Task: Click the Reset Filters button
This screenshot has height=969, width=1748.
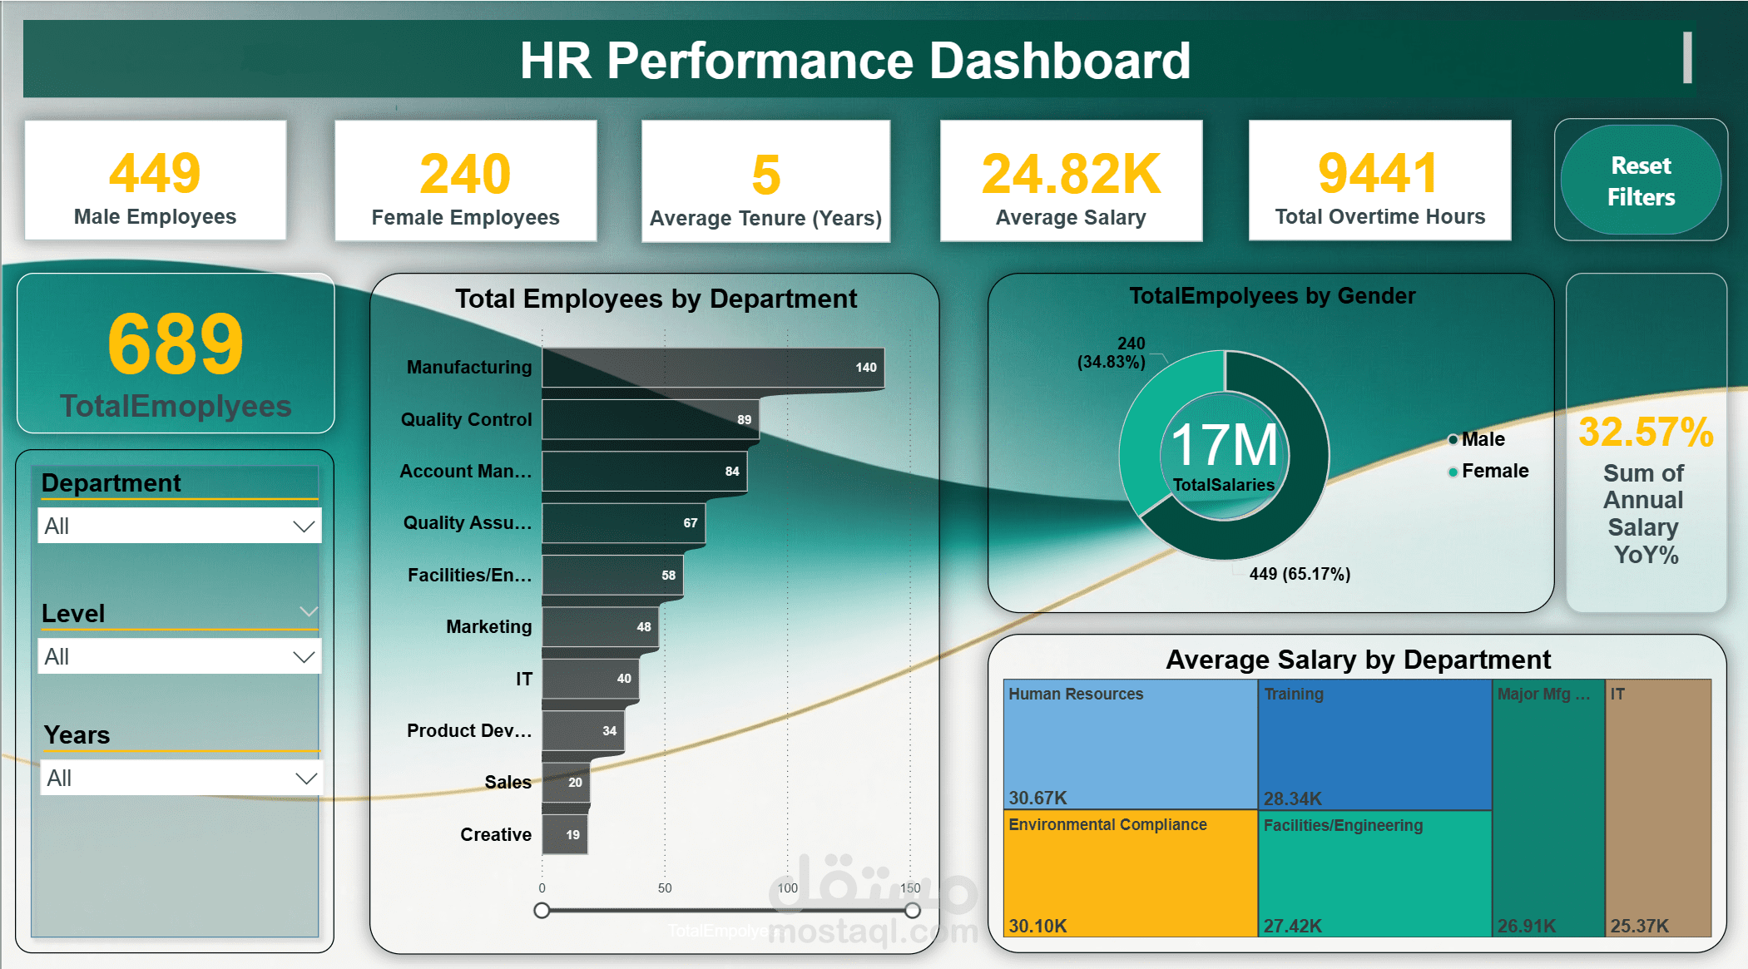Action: tap(1640, 180)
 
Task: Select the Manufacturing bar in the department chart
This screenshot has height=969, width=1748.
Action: tap(711, 368)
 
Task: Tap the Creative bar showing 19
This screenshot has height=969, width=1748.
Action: tap(565, 834)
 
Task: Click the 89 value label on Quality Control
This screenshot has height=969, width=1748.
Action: tap(744, 420)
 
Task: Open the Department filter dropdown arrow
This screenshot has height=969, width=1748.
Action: tap(304, 527)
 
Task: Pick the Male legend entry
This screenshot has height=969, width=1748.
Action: tap(1483, 439)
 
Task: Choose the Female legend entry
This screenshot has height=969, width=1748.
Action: tap(1494, 471)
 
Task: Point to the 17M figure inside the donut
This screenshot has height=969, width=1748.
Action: tap(1224, 445)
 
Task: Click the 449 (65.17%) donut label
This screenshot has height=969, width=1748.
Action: tap(1300, 574)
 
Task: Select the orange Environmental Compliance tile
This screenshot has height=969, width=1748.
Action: tap(1130, 873)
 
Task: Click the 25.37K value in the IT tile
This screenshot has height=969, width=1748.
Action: tap(1639, 926)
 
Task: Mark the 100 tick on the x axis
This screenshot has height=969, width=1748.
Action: tap(787, 888)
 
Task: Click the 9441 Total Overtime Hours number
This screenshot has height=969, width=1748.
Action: tap(1379, 173)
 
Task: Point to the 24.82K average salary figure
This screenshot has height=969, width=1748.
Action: tap(1071, 174)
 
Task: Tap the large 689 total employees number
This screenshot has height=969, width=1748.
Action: tap(176, 344)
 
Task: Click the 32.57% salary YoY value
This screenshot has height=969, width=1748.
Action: tap(1646, 433)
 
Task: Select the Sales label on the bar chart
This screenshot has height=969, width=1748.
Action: tap(508, 782)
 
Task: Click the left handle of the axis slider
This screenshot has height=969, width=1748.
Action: tap(542, 911)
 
